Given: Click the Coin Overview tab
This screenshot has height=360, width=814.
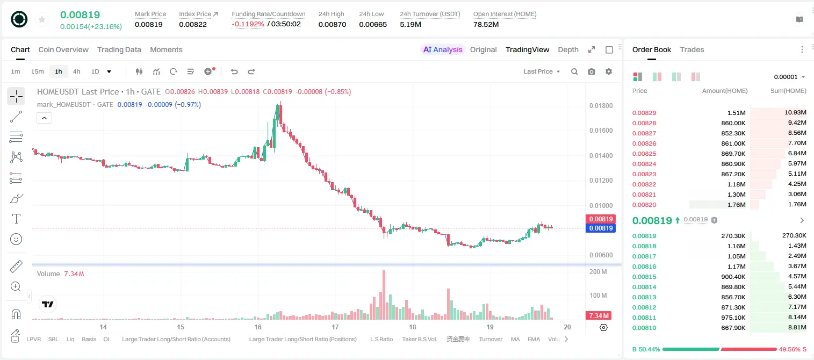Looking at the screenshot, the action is click(63, 49).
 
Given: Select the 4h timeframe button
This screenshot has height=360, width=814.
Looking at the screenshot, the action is click(76, 71).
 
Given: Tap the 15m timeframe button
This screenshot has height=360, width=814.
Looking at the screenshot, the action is click(38, 71).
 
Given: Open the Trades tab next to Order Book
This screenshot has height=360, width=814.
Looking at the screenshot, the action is click(692, 49).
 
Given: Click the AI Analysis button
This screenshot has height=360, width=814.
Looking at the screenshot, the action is click(443, 49).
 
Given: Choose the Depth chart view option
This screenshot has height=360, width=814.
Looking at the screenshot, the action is click(568, 49).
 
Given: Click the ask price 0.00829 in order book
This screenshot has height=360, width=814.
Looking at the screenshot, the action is click(644, 113).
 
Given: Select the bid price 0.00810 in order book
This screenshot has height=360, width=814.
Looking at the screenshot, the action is click(644, 328).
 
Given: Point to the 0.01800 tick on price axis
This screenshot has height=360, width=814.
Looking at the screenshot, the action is click(601, 106).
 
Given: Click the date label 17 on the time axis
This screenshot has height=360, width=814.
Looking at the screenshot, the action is click(335, 327).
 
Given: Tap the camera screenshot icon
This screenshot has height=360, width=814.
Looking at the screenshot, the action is click(592, 71).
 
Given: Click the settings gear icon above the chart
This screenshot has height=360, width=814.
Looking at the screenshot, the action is click(609, 71).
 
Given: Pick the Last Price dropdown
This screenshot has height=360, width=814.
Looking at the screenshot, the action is click(542, 71).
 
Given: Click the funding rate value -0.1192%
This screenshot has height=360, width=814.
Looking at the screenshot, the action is click(248, 24).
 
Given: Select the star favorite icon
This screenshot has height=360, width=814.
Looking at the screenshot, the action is click(42, 19).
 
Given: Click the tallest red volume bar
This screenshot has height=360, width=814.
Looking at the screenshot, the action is click(384, 295).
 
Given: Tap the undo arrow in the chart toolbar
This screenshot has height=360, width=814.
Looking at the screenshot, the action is click(234, 71).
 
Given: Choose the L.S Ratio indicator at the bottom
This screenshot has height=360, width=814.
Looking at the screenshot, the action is click(381, 339).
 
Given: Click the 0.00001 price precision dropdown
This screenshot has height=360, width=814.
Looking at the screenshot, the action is click(789, 77).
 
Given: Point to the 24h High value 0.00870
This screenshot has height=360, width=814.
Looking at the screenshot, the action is click(332, 24).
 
